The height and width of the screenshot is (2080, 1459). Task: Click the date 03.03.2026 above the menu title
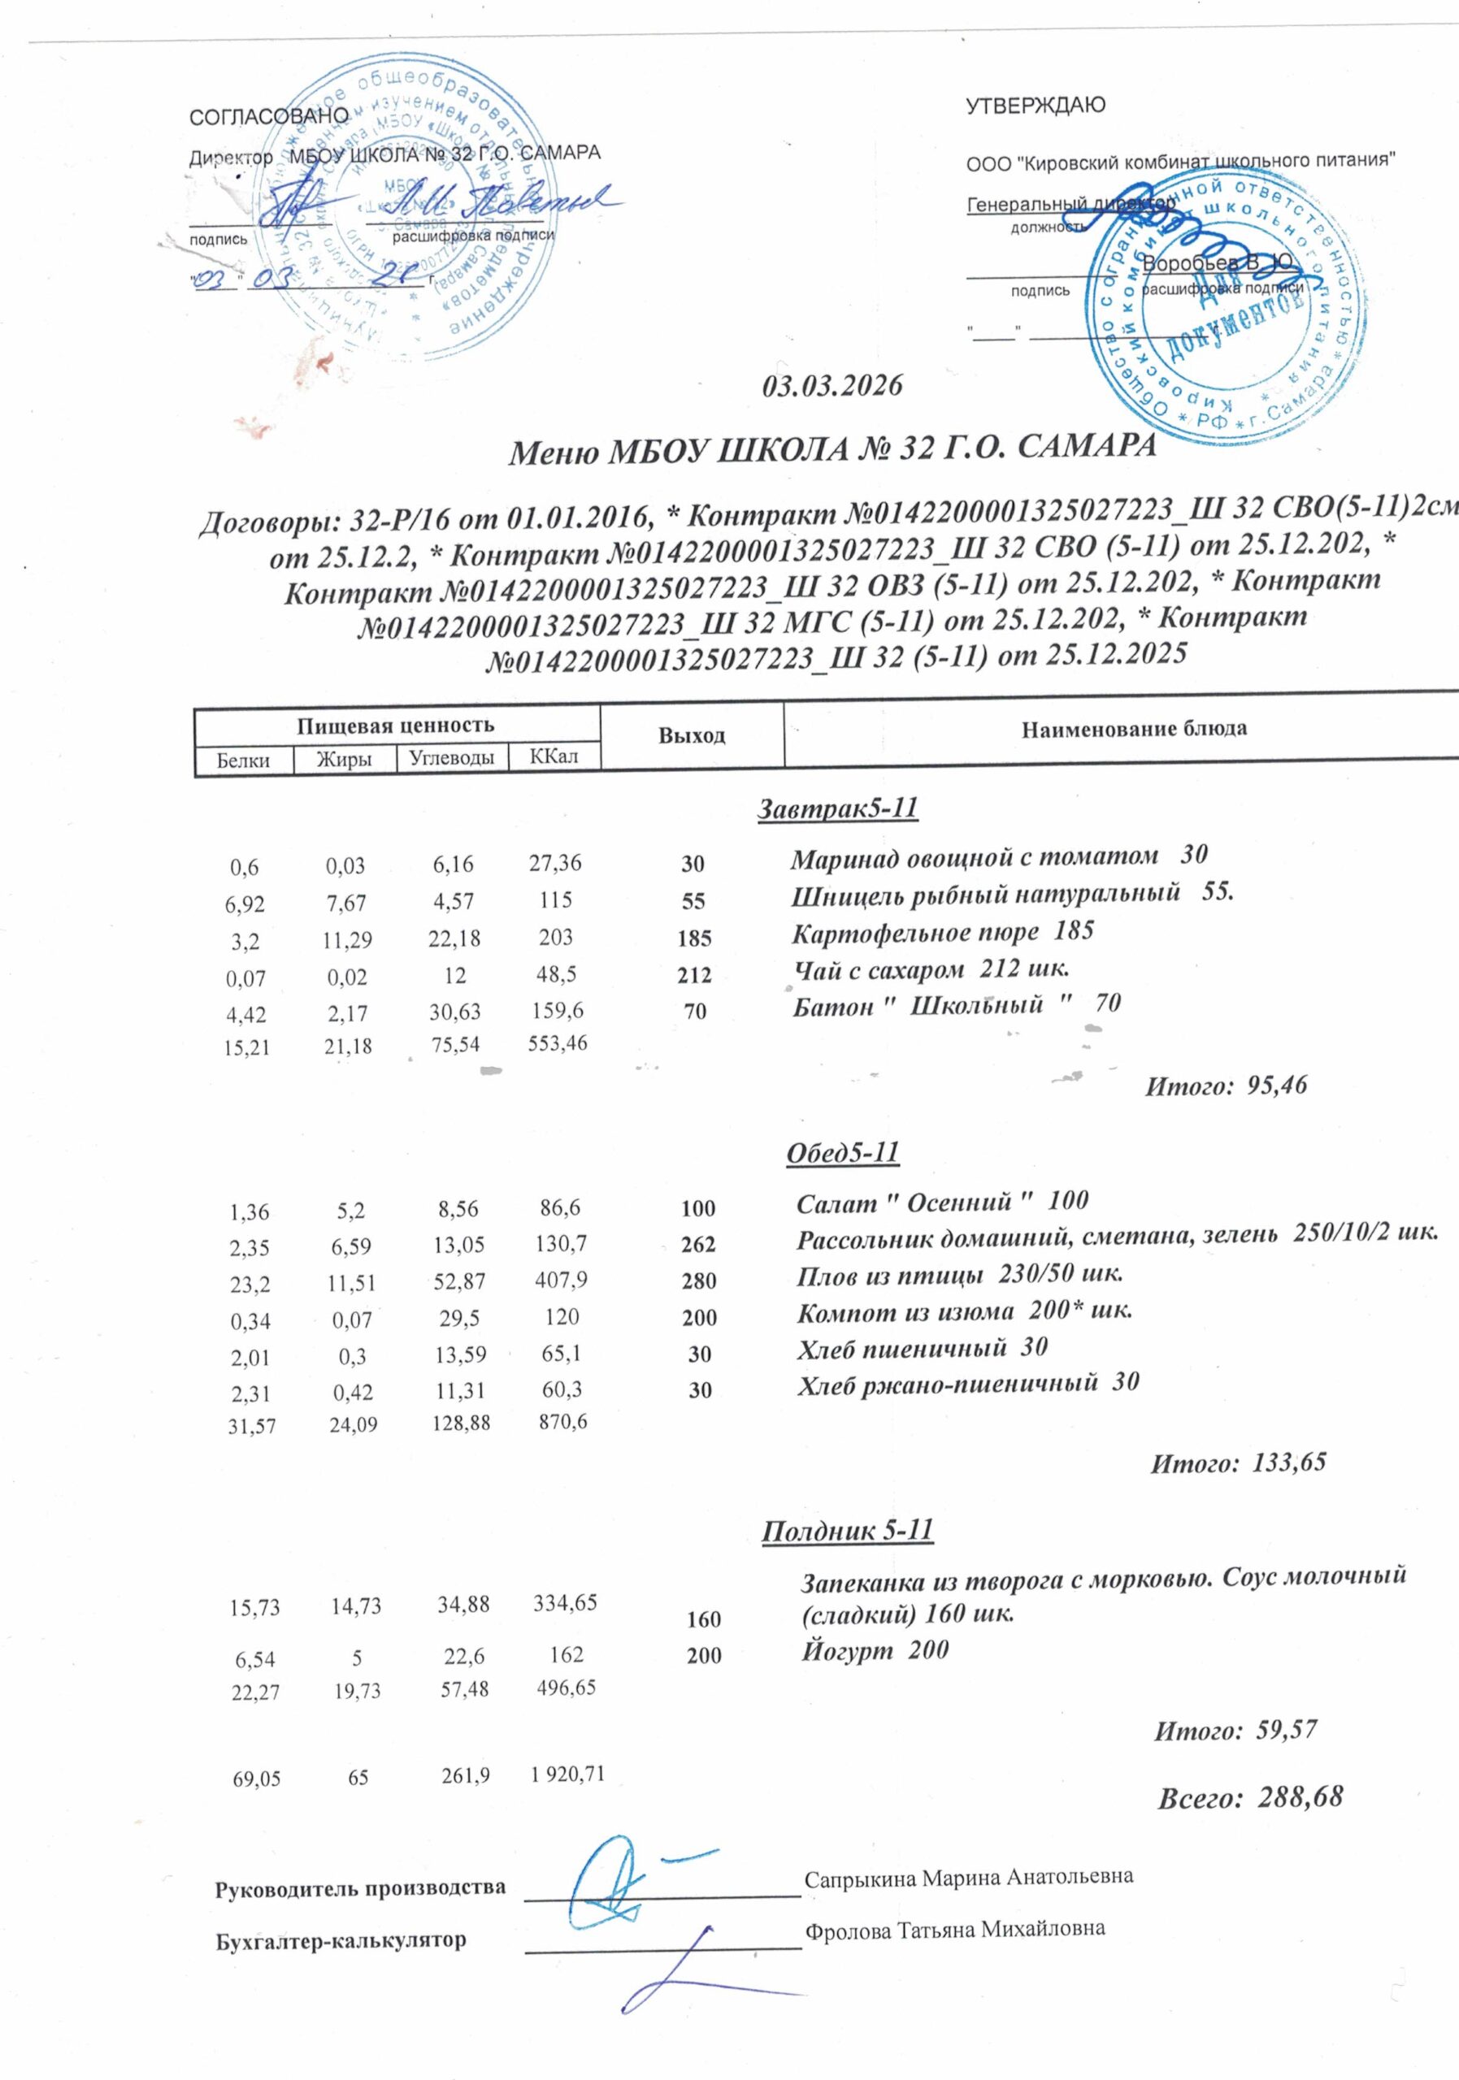(832, 386)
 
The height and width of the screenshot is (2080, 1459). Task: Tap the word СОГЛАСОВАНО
(268, 117)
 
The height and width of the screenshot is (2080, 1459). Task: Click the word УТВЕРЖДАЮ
(1035, 106)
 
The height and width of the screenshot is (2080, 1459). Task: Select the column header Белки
(243, 760)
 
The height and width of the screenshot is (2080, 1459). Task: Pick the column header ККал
(554, 756)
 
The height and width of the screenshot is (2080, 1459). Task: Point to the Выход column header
(692, 735)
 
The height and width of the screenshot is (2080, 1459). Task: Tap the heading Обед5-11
(842, 1153)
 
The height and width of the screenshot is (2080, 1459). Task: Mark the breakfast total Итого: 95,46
(1225, 1085)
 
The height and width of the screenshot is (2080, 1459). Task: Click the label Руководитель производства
(360, 1888)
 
